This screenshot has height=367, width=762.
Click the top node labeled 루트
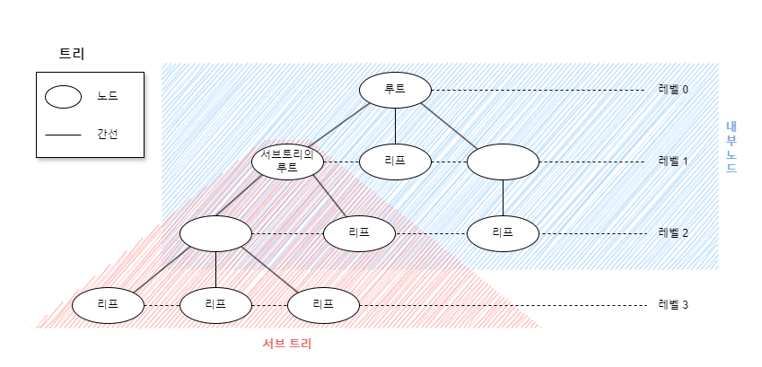[x=395, y=90]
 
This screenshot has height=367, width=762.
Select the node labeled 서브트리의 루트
[x=287, y=162]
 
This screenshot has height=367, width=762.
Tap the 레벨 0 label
[x=673, y=90]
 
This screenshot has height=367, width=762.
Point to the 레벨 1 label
[x=673, y=162]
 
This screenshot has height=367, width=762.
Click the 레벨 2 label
[x=673, y=233]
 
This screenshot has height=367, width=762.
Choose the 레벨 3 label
[x=673, y=305]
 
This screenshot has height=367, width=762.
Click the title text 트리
[x=72, y=54]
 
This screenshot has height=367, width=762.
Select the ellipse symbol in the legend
[x=63, y=96]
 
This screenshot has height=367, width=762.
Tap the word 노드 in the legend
[x=108, y=96]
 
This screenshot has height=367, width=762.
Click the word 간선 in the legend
[x=108, y=135]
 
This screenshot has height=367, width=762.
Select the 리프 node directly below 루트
[x=395, y=162]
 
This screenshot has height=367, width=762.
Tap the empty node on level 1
[x=503, y=162]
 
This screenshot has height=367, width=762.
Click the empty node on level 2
[x=215, y=233]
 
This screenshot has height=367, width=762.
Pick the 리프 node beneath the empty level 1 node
[x=503, y=233]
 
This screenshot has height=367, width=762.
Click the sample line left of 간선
[x=63, y=135]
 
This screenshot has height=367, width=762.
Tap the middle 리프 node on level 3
[x=215, y=305]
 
